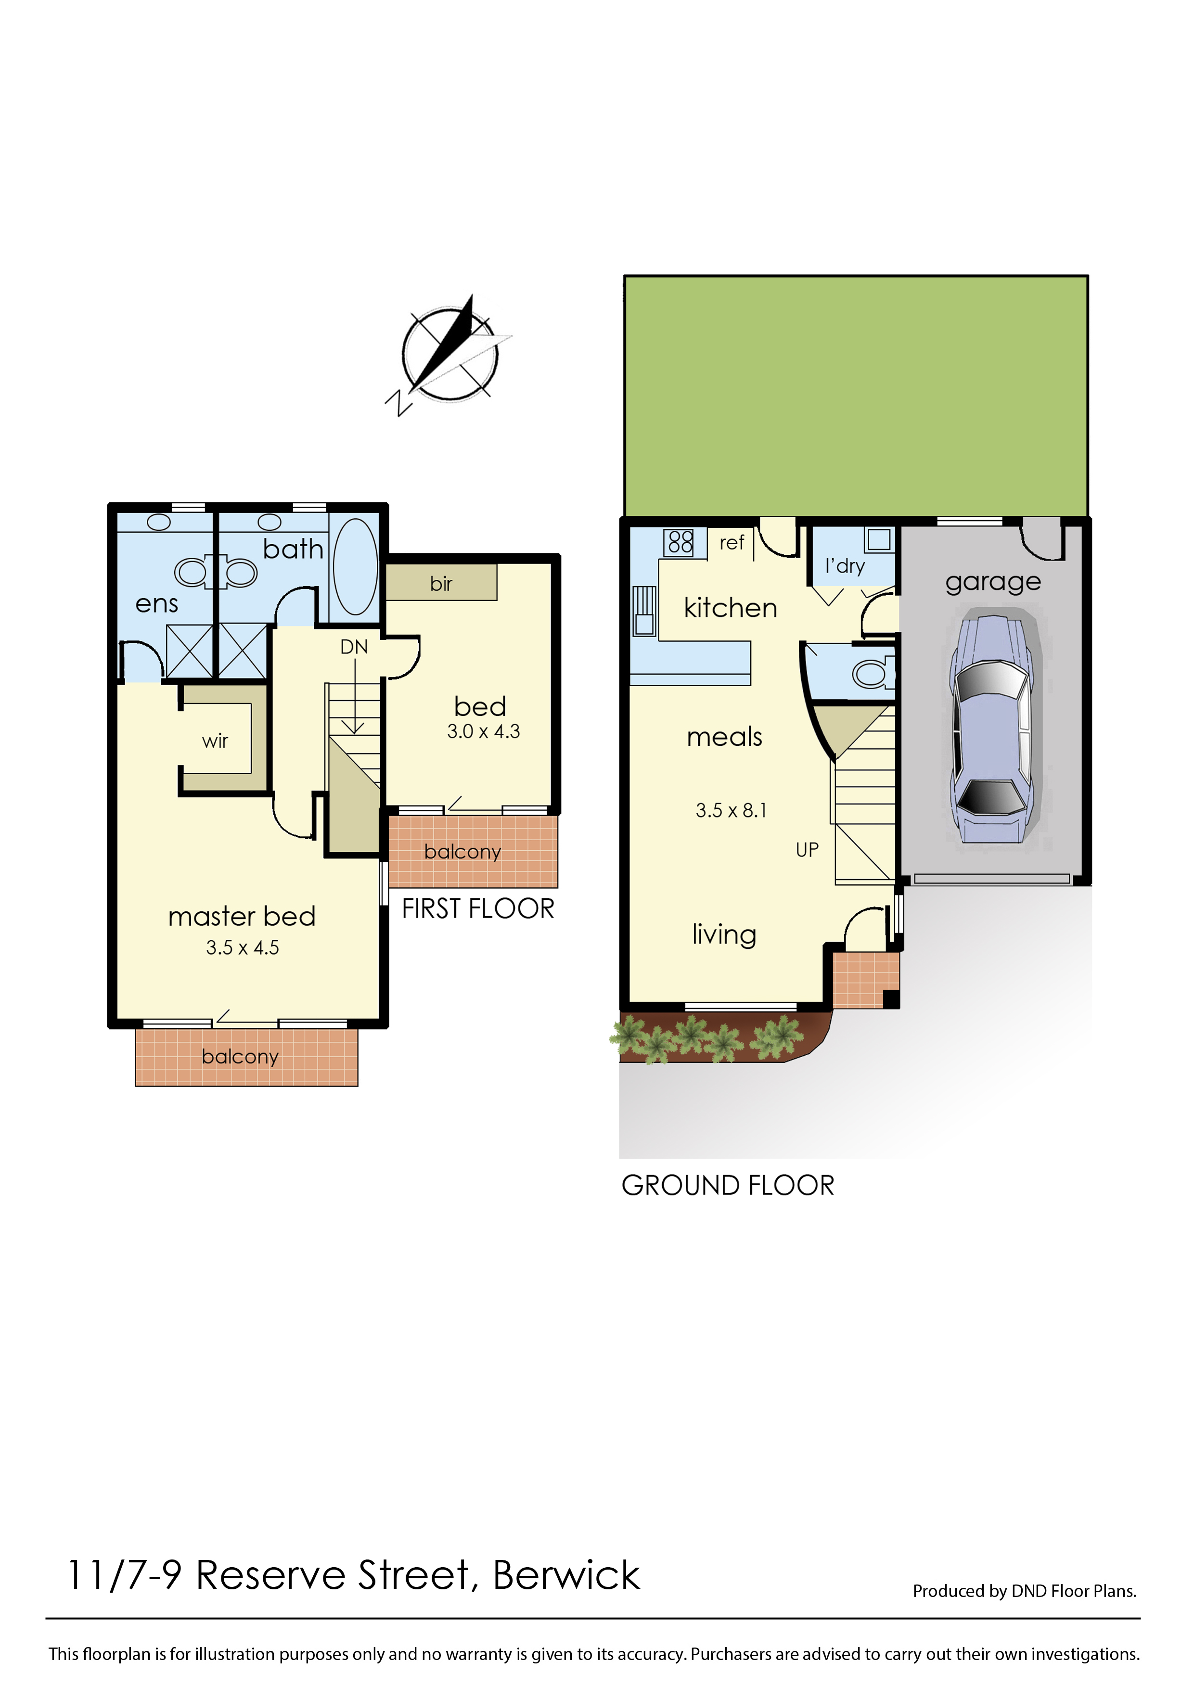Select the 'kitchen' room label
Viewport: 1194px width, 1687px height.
[x=730, y=608]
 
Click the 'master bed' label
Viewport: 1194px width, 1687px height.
[x=242, y=916]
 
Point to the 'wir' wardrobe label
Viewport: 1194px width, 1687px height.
[x=216, y=741]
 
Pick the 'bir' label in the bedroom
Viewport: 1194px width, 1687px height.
[x=441, y=584]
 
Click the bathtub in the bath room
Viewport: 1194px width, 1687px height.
[x=355, y=566]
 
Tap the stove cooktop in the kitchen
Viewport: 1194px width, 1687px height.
[x=680, y=542]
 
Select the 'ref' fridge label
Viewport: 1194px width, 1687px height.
[x=732, y=542]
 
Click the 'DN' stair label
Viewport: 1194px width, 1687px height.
[x=354, y=647]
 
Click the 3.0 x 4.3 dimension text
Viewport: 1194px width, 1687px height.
[x=483, y=731]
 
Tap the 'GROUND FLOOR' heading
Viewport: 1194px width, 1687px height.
[x=728, y=1186]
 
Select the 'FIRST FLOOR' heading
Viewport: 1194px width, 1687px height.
[x=478, y=909]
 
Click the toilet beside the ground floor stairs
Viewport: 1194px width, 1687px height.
[x=873, y=673]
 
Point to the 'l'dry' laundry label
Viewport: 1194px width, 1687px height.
[x=845, y=566]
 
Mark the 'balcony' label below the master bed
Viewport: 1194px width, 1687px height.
[x=241, y=1057]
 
